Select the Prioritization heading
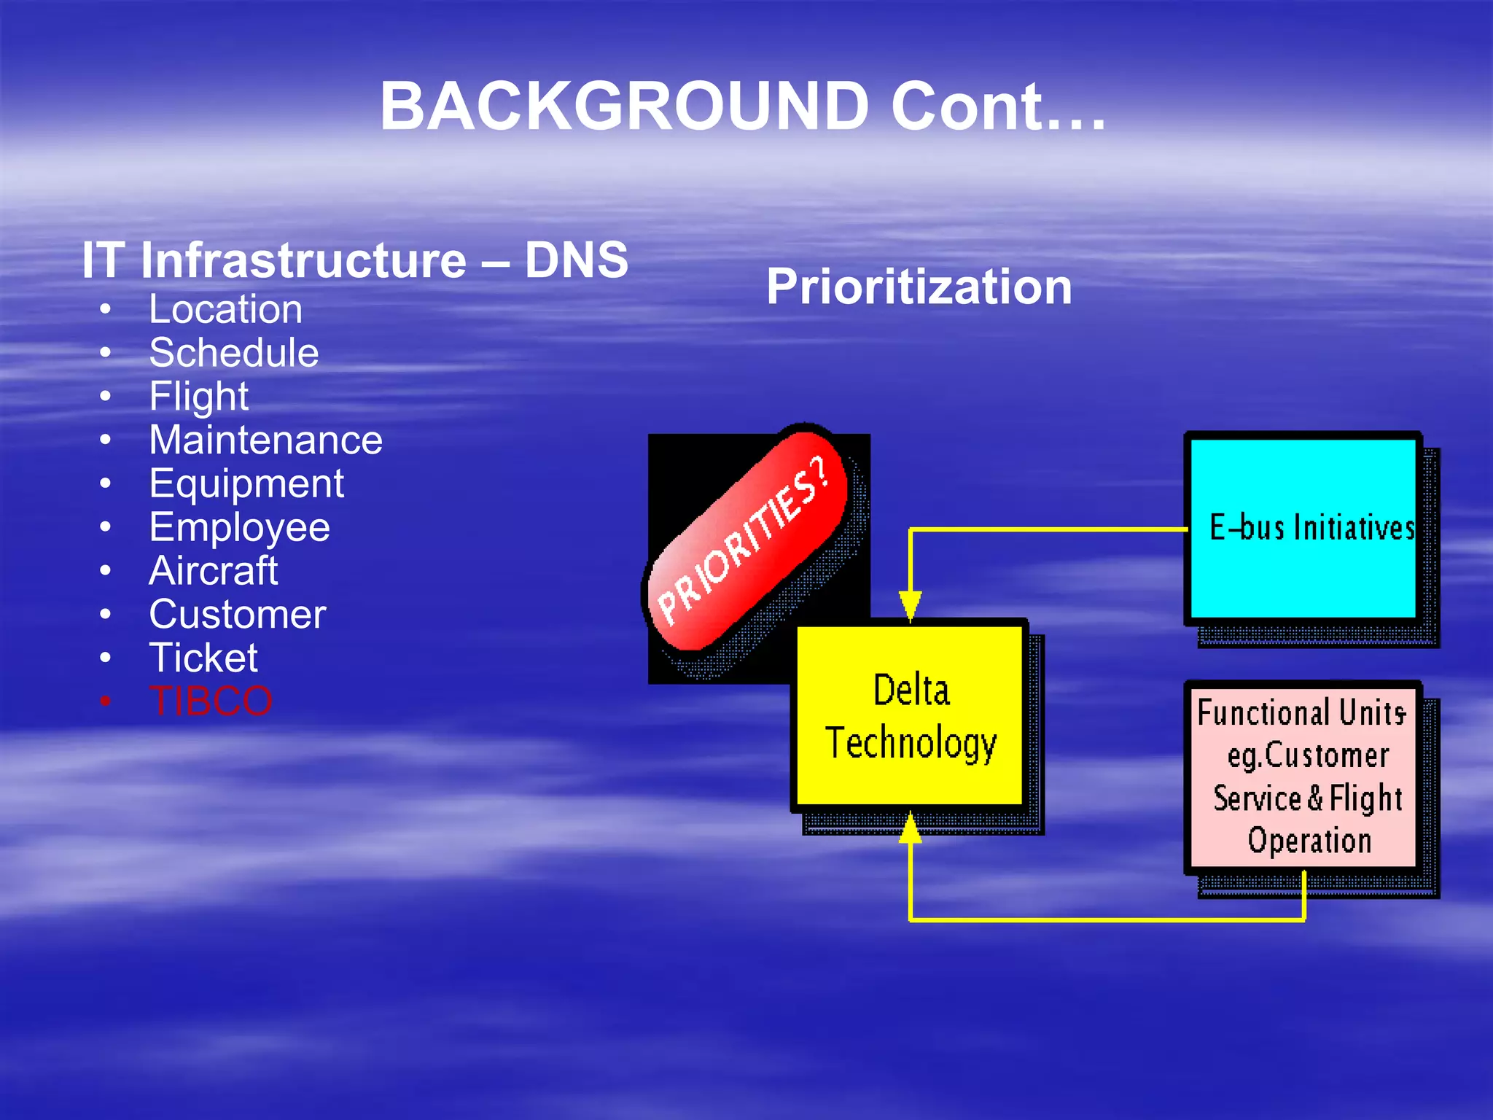[919, 287]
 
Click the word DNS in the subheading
[576, 260]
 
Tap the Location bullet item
[225, 309]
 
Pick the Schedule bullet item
[233, 353]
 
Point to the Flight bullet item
[198, 397]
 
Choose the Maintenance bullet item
[265, 440]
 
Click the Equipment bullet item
[246, 484]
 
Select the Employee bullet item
[239, 527]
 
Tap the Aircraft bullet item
[213, 571]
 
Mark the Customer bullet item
[237, 615]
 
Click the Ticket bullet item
[203, 658]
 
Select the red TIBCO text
[211, 701]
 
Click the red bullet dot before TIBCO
[106, 701]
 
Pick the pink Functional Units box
[1302, 776]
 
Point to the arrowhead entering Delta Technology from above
[910, 606]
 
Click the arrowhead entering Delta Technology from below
[910, 828]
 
